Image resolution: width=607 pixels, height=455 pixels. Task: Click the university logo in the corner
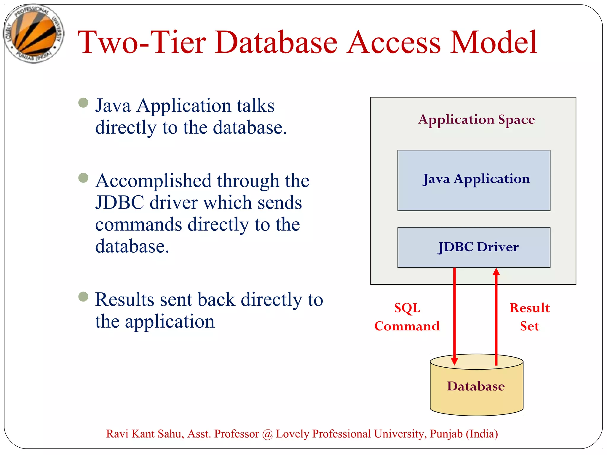coord(33,33)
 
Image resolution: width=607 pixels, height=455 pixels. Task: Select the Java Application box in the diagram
coord(474,180)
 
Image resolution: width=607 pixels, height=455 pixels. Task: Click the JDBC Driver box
coord(474,247)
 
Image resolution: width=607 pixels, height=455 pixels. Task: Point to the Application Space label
coord(476,119)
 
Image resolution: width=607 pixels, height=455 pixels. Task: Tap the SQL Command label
coord(407,317)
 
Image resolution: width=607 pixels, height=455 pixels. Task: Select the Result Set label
coord(529,317)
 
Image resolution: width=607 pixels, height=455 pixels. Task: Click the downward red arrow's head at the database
coord(454,361)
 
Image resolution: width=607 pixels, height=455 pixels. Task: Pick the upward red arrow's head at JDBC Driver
coord(496,271)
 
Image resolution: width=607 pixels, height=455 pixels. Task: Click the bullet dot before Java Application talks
coord(83,103)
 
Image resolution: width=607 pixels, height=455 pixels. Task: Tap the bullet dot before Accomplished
coord(83,178)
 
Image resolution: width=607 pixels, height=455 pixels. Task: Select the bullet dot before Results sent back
coord(83,297)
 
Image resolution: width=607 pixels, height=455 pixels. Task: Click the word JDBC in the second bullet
coord(120,203)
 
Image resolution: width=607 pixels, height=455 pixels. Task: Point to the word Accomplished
coord(154,181)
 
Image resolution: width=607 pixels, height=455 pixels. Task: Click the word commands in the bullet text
coord(138,225)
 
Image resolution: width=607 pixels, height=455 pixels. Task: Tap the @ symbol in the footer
coord(267,434)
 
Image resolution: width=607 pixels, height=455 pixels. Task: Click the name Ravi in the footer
coord(117,434)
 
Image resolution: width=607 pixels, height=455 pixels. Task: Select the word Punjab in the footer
coord(446,434)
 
